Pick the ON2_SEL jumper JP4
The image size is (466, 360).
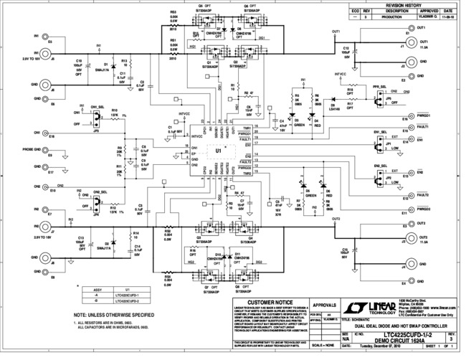(x=94, y=203)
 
